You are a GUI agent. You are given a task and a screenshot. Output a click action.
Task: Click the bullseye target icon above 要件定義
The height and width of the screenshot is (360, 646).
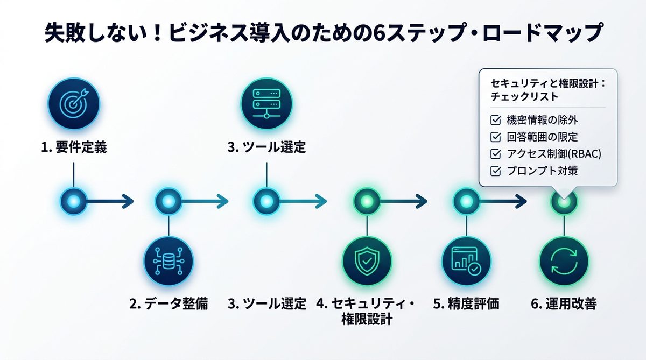point(73,104)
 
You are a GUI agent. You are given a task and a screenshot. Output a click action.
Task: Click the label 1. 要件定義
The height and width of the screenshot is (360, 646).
point(74,147)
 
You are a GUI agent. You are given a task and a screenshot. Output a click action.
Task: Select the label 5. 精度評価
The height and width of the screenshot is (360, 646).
point(466,304)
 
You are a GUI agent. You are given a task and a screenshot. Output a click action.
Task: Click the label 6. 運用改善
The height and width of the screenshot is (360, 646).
point(564,304)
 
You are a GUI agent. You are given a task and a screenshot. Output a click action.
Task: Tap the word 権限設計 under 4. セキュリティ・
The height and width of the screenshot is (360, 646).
point(367,319)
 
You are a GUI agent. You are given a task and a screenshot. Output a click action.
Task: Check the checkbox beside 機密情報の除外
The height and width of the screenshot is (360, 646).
point(495,119)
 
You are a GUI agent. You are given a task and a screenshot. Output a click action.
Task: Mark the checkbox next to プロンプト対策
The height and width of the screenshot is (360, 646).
point(495,171)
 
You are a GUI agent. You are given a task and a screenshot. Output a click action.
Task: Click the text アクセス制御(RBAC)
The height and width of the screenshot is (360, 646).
point(554,154)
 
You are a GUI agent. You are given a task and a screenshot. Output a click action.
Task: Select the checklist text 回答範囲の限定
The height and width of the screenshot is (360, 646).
point(542,137)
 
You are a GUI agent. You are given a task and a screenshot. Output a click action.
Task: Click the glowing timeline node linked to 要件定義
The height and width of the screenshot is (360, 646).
point(73,202)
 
